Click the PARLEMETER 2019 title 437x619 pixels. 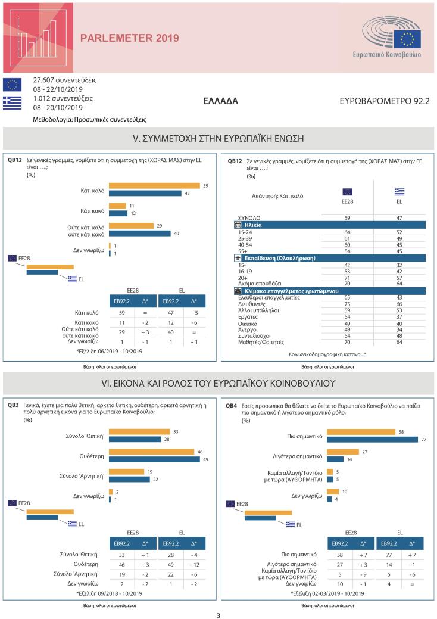[129, 38]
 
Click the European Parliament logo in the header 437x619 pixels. [392, 38]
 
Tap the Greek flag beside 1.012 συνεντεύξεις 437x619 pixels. [13, 102]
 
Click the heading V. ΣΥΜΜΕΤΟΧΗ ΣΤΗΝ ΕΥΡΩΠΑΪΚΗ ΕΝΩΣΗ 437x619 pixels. [218, 138]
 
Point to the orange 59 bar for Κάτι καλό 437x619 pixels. [154, 186]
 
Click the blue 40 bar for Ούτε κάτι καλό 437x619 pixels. [140, 233]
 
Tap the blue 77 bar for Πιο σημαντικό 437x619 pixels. [373, 440]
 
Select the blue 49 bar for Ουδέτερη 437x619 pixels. [154, 459]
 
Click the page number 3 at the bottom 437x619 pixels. [218, 615]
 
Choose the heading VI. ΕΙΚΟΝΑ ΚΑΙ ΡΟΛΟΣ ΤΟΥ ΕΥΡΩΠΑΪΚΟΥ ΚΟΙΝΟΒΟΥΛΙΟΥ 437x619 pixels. [218, 382]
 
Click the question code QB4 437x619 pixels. [232, 405]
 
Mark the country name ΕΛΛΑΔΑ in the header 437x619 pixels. [220, 101]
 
